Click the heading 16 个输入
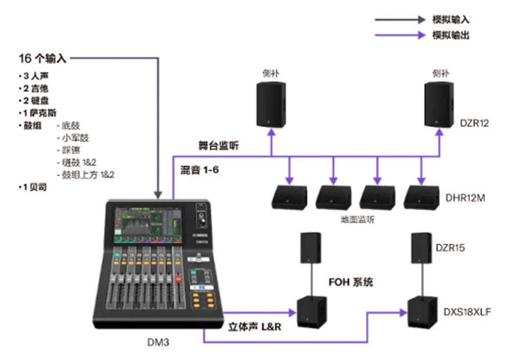pos(43,58)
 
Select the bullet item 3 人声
pos(33,75)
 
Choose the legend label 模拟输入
pos(451,19)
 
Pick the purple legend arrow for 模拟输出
pos(400,35)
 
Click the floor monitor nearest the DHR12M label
pos(422,197)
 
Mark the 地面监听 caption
pos(358,220)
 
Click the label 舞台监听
pos(218,146)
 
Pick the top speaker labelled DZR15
pos(423,248)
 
